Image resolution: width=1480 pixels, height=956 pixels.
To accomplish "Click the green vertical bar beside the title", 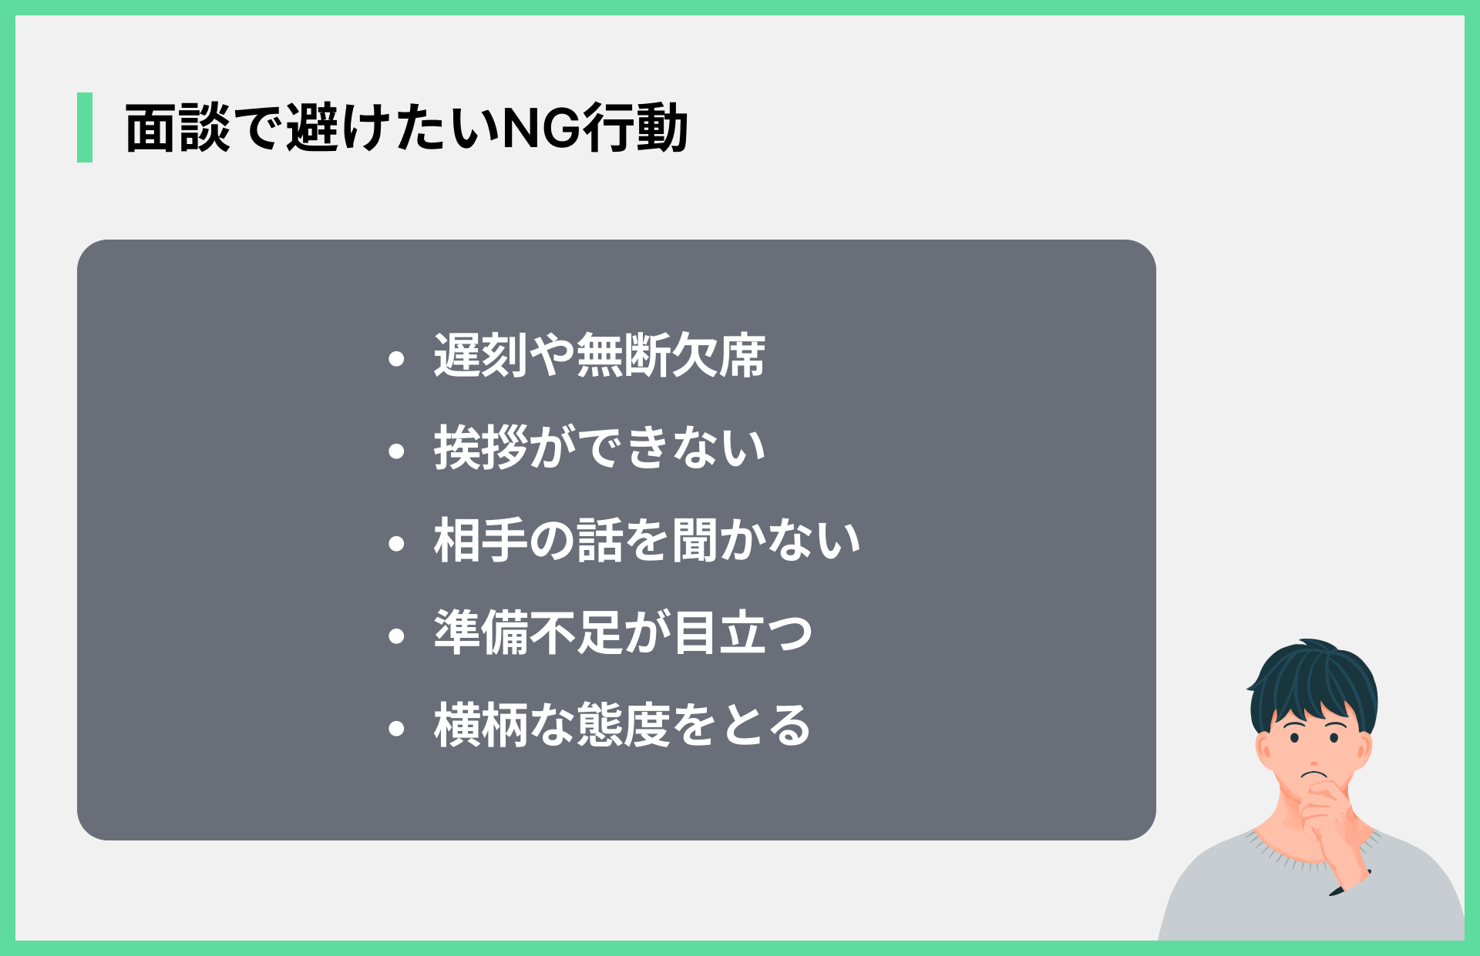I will [x=85, y=127].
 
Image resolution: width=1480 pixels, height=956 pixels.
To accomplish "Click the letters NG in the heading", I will [x=540, y=128].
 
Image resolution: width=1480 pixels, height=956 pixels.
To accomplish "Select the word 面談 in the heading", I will [x=177, y=128].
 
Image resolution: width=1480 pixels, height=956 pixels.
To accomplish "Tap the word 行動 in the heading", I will [x=634, y=128].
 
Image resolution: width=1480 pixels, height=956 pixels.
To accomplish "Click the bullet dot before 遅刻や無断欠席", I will [x=397, y=358].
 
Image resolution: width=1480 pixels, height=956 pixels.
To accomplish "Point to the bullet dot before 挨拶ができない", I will [x=397, y=451].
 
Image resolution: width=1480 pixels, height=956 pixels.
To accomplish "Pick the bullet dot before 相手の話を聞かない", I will [x=397, y=543].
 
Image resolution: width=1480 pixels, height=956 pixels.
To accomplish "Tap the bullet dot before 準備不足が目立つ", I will [x=397, y=636].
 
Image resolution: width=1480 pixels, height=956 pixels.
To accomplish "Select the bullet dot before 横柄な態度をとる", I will [x=397, y=728].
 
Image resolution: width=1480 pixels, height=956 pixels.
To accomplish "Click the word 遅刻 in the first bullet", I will [x=481, y=355].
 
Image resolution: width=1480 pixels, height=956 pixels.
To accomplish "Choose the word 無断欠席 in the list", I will [x=671, y=355].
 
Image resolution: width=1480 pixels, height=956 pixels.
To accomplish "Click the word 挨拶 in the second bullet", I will [x=481, y=448].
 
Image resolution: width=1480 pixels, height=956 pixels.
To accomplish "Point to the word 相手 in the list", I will [x=481, y=540].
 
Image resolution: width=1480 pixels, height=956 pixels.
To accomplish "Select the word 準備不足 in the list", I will [x=528, y=632].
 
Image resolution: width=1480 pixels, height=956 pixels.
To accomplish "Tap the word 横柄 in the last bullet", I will [x=481, y=725].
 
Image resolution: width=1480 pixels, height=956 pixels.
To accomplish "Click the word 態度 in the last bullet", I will [x=623, y=725].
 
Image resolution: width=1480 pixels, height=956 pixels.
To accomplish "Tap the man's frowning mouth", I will [x=1313, y=773].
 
